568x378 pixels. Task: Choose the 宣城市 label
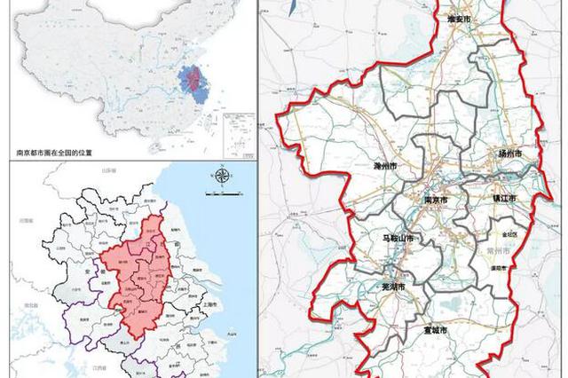point(436,330)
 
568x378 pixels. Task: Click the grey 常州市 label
point(503,251)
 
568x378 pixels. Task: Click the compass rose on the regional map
point(219,175)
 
